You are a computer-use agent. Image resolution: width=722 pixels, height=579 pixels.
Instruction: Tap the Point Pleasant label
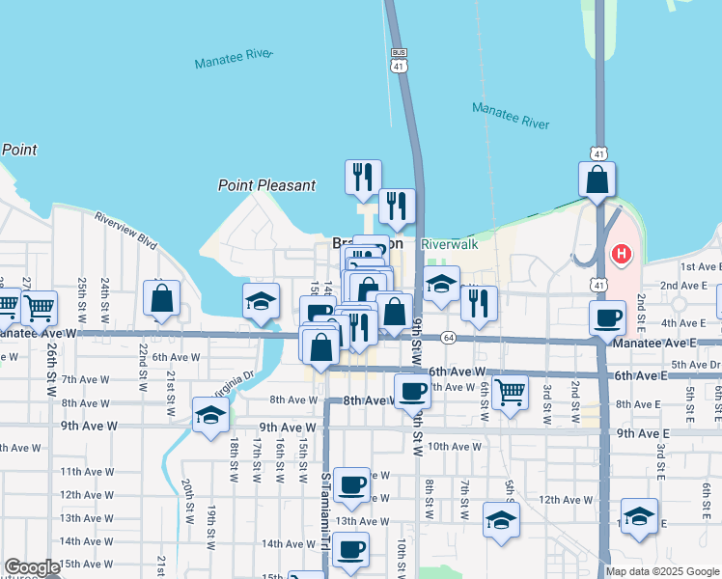(266, 185)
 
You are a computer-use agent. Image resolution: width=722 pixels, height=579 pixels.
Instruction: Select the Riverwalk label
(450, 245)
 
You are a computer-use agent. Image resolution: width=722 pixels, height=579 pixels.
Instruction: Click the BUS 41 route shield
(398, 60)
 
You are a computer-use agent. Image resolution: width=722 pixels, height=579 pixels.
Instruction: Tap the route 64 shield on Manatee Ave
(448, 338)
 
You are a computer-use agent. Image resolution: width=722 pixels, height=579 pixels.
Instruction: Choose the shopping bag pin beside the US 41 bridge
(597, 179)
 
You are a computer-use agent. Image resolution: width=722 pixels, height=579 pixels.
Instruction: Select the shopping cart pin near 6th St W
(510, 392)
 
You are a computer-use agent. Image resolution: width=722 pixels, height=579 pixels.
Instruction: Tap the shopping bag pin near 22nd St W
(162, 299)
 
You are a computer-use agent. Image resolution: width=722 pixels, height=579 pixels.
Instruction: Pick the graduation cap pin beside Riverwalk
(441, 285)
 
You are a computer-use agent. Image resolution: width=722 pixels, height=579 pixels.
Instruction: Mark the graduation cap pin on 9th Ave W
(211, 416)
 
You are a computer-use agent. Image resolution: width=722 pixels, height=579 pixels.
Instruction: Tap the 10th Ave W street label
(454, 446)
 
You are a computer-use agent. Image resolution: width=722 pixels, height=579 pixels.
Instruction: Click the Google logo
(32, 568)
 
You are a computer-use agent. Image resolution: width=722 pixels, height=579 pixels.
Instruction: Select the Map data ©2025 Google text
(661, 571)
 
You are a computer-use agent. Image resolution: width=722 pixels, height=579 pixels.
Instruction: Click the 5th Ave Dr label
(696, 364)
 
